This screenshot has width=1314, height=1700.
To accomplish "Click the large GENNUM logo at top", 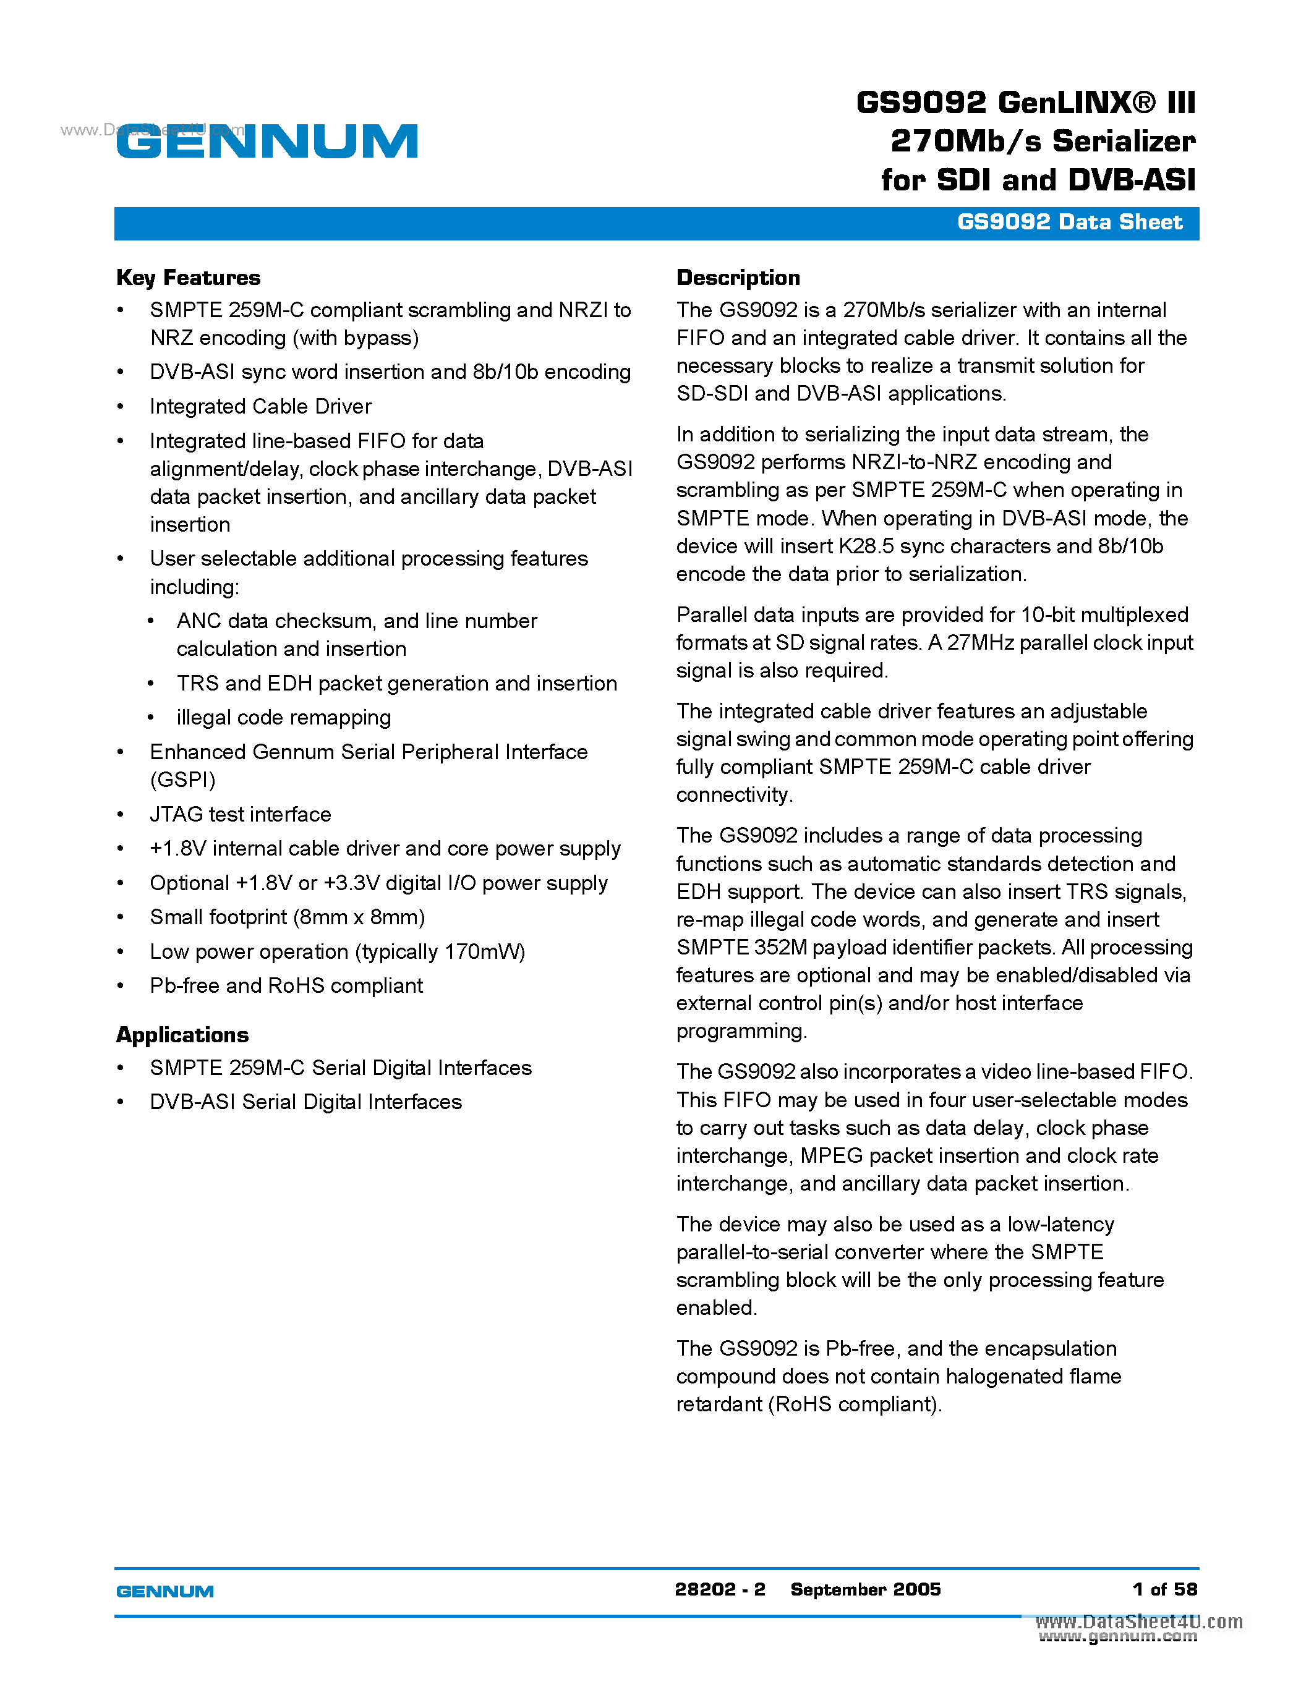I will [267, 142].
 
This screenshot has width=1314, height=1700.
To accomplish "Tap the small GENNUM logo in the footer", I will [164, 1591].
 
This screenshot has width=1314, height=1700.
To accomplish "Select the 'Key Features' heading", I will [189, 278].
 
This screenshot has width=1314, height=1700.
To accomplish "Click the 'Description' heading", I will [737, 278].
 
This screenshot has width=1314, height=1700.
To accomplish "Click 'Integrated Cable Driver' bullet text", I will [261, 406].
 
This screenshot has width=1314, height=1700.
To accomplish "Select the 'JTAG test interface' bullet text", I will [241, 814].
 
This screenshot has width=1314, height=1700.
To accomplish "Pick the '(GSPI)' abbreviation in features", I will [183, 780].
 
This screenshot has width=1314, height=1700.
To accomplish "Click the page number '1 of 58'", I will [1164, 1589].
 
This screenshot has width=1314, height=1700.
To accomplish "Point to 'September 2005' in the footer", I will [866, 1589].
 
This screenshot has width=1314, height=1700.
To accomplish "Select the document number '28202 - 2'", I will [720, 1589].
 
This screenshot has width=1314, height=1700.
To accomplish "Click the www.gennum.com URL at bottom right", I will [1118, 1637].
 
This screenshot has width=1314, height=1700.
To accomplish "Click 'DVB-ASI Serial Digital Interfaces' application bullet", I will [306, 1102].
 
